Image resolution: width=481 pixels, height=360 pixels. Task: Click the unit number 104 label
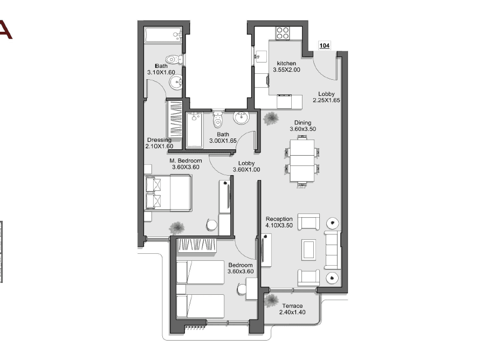(324, 46)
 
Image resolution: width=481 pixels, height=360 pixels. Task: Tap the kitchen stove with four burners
(283, 33)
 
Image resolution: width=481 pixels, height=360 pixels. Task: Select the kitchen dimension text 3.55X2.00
(286, 70)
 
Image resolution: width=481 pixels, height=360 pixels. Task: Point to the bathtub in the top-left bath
(163, 35)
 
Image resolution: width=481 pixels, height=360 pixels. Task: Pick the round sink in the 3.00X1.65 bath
(241, 117)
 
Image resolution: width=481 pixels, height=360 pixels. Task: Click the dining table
(302, 161)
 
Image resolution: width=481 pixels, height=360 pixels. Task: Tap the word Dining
(303, 123)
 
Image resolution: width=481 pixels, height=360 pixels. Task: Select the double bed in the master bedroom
(168, 193)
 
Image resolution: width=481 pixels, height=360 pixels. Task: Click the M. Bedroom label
(185, 161)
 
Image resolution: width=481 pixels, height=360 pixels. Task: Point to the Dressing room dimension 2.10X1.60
(159, 146)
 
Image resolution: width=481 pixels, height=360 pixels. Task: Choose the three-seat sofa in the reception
(333, 250)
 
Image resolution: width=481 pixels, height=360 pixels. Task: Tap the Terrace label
(292, 306)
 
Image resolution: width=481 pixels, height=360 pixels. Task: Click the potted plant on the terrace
(271, 300)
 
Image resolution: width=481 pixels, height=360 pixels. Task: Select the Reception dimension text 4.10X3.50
(279, 225)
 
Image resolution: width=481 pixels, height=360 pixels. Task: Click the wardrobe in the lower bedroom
(196, 245)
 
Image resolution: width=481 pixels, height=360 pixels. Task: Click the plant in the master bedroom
(177, 228)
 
